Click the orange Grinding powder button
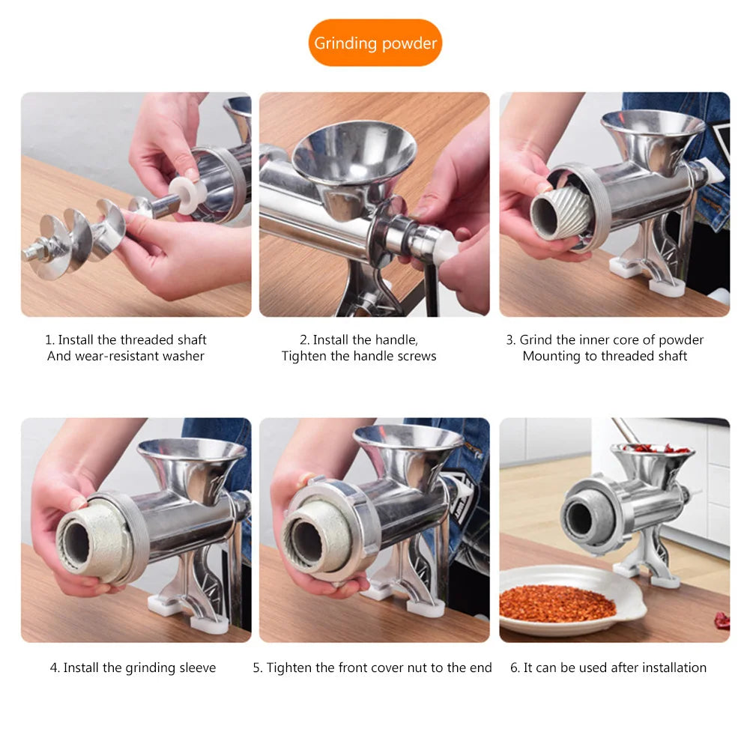tap(375, 43)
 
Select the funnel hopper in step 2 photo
tap(354, 154)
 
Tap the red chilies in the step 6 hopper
tap(652, 449)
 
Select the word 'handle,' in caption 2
tap(394, 339)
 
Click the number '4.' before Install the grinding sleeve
tap(55, 668)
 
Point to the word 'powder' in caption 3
tap(680, 339)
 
